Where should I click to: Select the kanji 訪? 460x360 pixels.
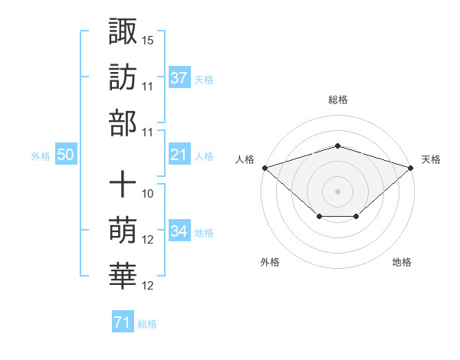123,77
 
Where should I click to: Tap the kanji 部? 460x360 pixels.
123,123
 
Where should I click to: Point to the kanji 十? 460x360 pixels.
123,185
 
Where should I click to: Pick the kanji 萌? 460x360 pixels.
123,231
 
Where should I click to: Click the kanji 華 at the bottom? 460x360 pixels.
123,277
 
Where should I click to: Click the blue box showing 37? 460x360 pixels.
179,77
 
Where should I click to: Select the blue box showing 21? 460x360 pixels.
179,155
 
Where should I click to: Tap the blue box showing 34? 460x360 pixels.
179,231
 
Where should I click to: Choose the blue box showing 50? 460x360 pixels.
66,155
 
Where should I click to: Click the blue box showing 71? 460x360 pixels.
122,322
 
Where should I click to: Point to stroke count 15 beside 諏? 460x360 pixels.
149,39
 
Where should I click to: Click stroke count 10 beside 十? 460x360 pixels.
149,193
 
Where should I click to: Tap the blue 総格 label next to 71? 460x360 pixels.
147,324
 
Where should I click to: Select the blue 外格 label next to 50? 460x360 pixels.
41,156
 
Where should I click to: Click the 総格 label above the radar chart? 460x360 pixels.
337,100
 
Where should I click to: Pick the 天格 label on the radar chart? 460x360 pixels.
431,159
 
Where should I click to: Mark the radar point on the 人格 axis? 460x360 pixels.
264,167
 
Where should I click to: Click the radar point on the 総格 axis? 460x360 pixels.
337,146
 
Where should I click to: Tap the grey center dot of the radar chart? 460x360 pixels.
337,191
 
